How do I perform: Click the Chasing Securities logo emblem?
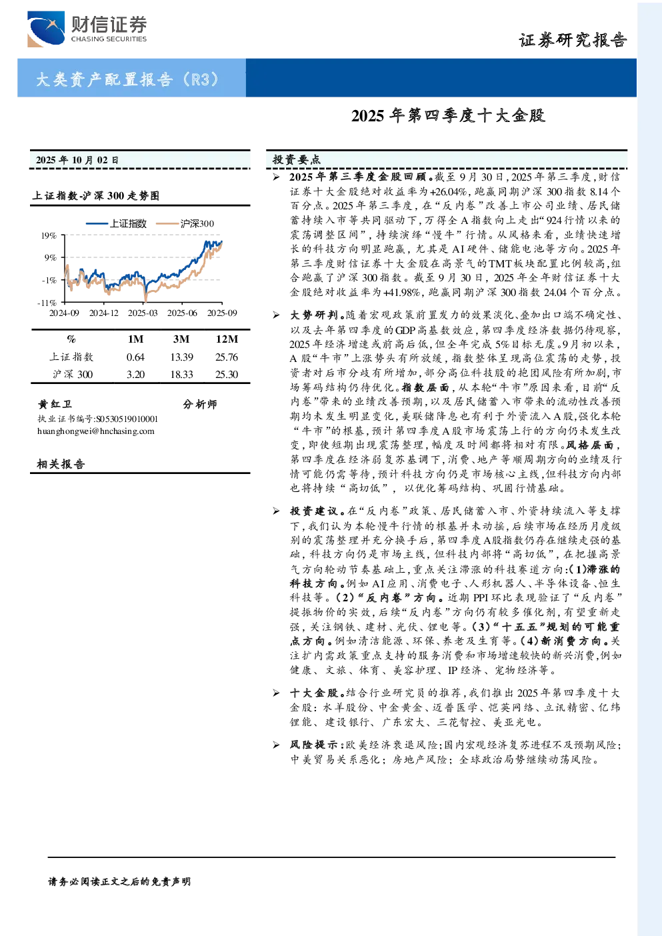(46, 29)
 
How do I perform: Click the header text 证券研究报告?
(573, 40)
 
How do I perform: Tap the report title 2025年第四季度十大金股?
(448, 116)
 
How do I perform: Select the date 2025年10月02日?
(77, 160)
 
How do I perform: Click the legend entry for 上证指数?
(117, 224)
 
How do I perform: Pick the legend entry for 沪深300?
(185, 224)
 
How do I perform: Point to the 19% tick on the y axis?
(49, 236)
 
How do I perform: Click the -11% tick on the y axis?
(47, 303)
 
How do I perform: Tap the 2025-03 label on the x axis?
(143, 313)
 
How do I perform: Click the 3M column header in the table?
(181, 339)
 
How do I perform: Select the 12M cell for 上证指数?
(227, 357)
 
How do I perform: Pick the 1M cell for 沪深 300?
(135, 375)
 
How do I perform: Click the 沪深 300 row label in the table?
(72, 375)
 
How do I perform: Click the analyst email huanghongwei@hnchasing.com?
(96, 431)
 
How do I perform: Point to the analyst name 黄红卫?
(55, 404)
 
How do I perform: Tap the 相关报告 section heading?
(61, 464)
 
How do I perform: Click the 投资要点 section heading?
(296, 159)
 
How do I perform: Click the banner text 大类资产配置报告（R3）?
(127, 79)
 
